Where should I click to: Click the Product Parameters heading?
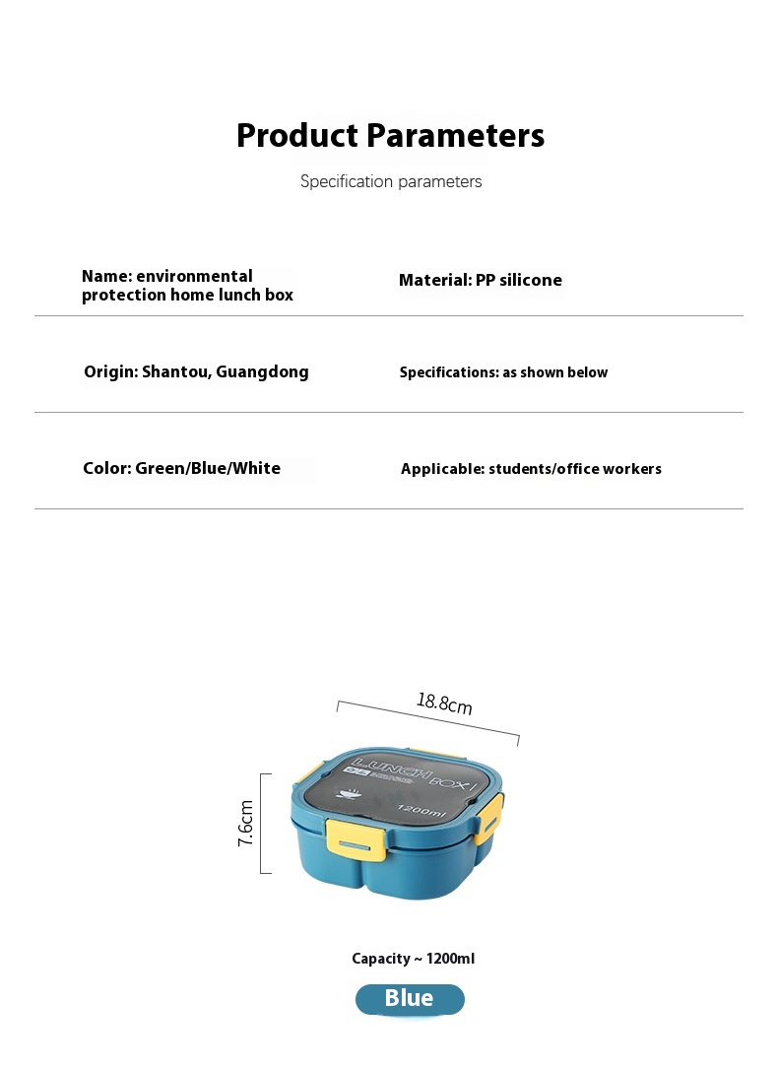(x=390, y=135)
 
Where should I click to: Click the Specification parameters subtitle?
(x=391, y=181)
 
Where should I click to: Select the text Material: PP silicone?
(x=481, y=280)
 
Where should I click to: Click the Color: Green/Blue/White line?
(x=181, y=468)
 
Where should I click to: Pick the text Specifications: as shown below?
(x=503, y=372)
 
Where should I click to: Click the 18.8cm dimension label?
(x=444, y=703)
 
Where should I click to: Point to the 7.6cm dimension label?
(x=246, y=823)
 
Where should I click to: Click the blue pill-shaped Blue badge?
(x=409, y=999)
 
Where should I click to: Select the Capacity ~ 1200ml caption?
(x=414, y=959)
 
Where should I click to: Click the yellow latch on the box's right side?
(x=489, y=817)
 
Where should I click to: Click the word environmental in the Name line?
(x=194, y=276)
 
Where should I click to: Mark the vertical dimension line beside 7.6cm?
(x=262, y=823)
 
